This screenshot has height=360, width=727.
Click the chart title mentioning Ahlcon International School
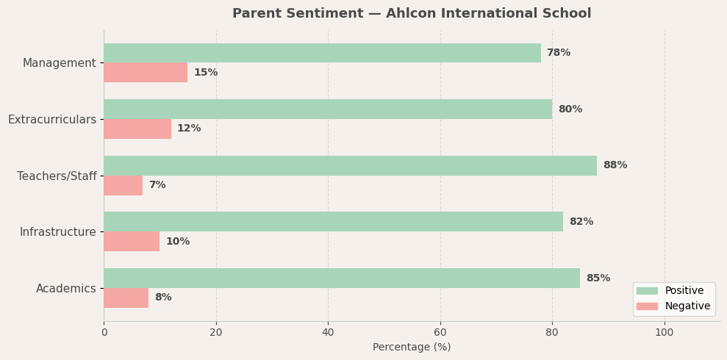[412, 14]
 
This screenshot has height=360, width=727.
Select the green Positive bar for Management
[322, 53]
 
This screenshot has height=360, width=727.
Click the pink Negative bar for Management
[146, 73]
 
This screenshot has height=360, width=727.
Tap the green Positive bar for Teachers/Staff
[350, 165]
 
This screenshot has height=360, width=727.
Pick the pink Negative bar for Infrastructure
[132, 242]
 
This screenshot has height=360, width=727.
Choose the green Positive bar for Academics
[342, 278]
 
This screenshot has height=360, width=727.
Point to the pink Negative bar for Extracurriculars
[137, 129]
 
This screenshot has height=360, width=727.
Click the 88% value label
[615, 165]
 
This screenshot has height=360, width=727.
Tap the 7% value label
[157, 185]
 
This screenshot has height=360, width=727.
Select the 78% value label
[558, 53]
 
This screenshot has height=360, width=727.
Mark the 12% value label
[188, 129]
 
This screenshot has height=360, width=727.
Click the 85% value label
[598, 278]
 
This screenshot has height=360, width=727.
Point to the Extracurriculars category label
[52, 119]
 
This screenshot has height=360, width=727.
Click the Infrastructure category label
[58, 232]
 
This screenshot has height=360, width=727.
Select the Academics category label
[66, 289]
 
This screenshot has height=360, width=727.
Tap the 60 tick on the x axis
[440, 332]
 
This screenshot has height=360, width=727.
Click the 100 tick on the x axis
[665, 332]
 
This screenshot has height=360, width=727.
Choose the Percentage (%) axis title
[412, 348]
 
